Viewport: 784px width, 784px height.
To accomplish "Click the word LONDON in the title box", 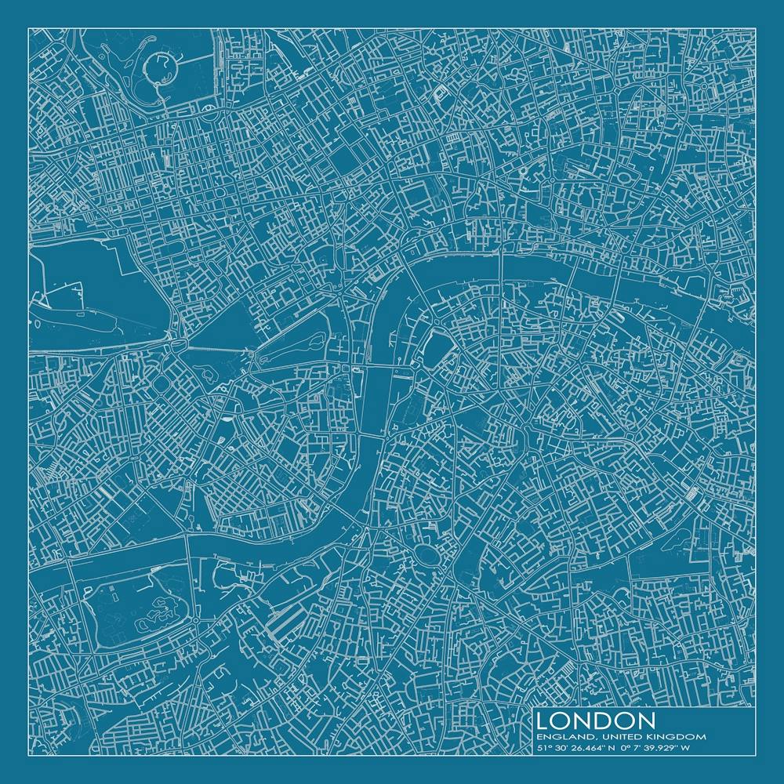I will point(597,720).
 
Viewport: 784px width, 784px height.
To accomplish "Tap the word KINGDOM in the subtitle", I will point(677,737).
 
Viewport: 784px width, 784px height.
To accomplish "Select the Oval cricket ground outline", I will point(428,555).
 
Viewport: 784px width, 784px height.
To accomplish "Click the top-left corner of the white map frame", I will point(29,28).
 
